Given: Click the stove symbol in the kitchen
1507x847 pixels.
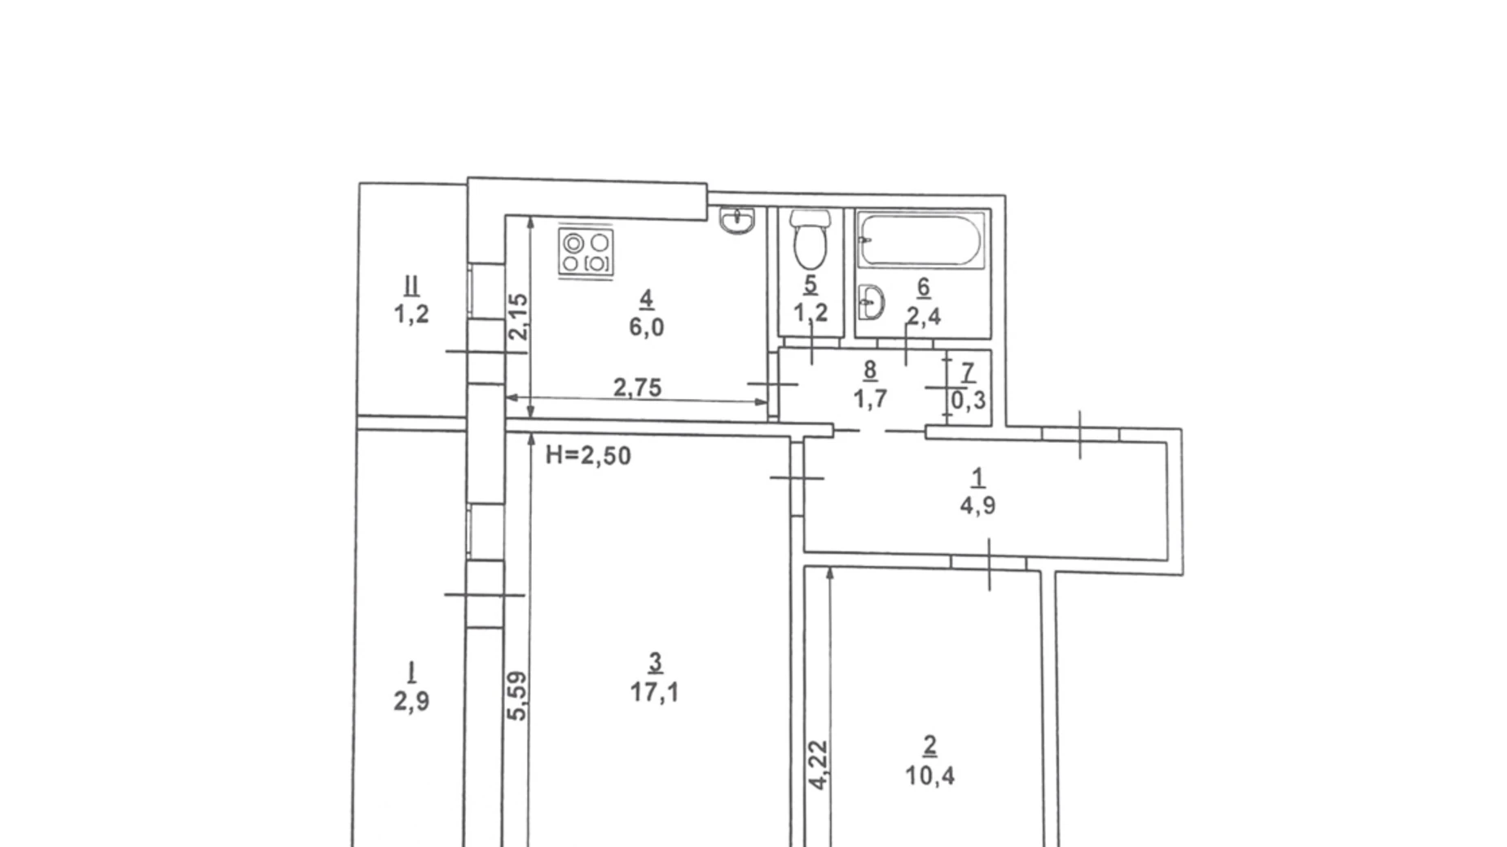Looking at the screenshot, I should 586,252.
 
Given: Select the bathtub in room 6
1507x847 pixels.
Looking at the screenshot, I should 921,239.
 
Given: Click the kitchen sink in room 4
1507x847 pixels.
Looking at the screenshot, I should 738,220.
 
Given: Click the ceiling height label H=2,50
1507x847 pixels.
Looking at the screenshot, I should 588,455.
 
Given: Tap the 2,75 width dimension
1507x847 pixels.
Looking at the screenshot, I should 637,388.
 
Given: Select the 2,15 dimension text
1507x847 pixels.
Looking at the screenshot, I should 518,316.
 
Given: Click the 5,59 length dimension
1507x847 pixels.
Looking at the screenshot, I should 518,695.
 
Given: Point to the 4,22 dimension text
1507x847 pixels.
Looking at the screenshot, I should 819,764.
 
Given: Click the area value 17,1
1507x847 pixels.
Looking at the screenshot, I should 654,692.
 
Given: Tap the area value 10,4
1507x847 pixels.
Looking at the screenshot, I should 929,775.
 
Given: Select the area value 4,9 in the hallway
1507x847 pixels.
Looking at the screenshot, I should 978,506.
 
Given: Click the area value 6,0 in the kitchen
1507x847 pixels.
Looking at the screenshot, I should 646,327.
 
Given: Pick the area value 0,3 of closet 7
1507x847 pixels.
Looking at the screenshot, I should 969,400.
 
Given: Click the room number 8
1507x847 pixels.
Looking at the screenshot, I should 870,371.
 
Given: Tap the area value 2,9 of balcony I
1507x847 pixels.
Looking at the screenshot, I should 411,701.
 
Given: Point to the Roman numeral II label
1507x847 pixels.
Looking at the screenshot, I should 411,286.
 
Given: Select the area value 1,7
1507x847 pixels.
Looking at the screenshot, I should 870,399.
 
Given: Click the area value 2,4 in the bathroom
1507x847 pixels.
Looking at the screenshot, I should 924,315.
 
